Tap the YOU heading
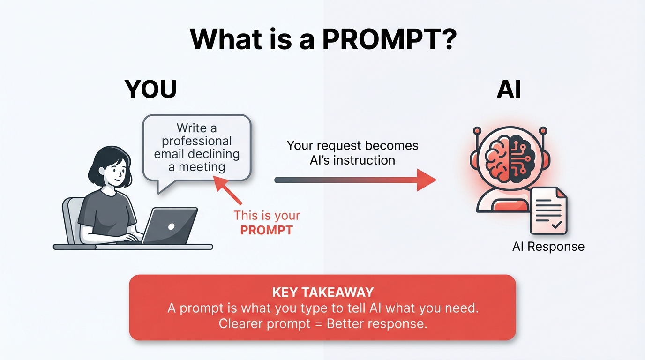150,89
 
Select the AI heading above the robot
509,89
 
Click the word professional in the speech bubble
197,141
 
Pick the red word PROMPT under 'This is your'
266,230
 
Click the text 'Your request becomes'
352,145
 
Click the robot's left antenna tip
477,130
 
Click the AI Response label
548,247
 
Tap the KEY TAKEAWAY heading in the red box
323,292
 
